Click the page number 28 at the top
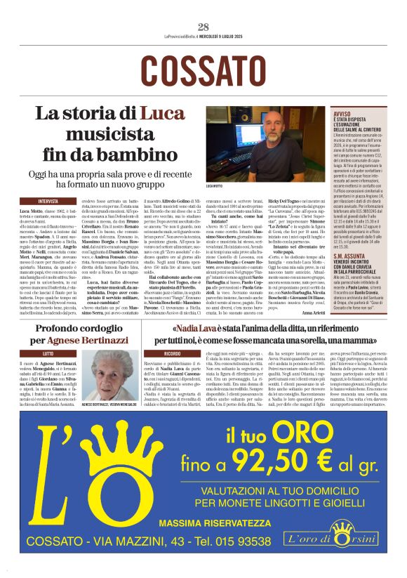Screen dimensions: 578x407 (x=203, y=27)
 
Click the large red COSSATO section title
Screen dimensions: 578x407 (x=203, y=70)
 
